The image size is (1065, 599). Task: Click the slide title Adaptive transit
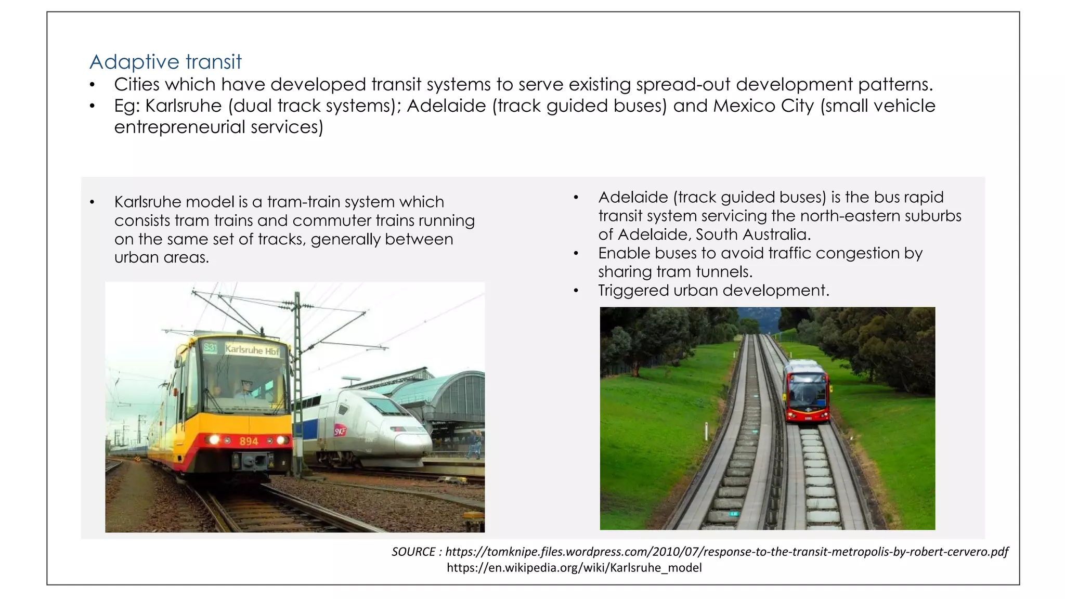165,62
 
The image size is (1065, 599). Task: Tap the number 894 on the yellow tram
249,441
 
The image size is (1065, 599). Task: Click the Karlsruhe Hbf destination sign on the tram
252,350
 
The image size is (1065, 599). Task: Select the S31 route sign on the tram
210,347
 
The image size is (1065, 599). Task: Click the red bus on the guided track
807,391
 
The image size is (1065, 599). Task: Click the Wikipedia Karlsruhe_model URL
574,567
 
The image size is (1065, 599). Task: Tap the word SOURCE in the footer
413,552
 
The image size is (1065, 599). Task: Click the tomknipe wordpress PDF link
726,552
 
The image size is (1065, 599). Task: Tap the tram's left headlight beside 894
214,440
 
